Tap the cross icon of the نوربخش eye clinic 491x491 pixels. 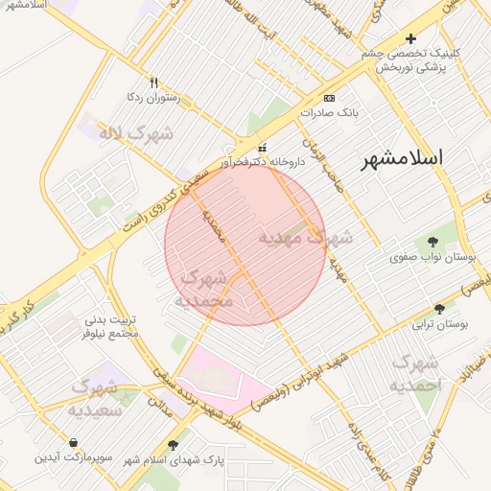[411, 39]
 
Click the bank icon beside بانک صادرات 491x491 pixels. [330, 98]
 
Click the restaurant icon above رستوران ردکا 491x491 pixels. [153, 82]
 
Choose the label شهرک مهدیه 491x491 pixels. [306, 236]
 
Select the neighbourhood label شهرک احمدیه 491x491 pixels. [415, 374]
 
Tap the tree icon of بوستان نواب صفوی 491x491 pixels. [433, 242]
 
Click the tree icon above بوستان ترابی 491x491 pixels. [439, 310]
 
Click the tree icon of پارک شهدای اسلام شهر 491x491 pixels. [173, 445]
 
